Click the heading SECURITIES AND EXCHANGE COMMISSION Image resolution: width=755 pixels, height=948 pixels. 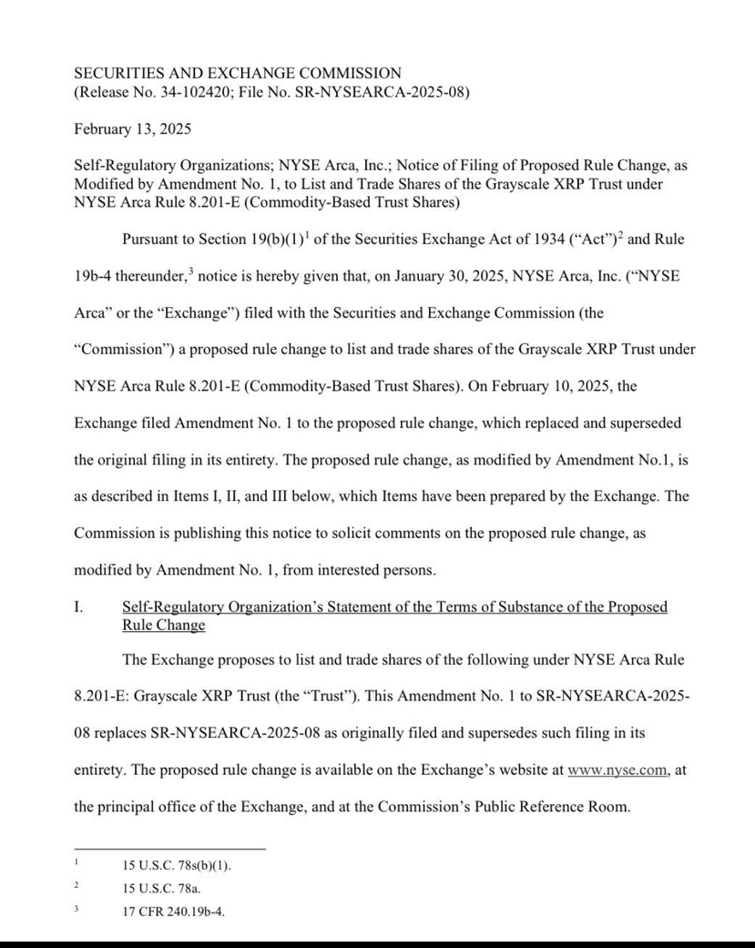click(237, 73)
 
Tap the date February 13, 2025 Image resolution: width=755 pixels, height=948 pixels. click(132, 129)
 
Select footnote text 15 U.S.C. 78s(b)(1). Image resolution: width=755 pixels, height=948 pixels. click(177, 865)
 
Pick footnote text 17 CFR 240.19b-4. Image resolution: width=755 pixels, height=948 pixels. click(173, 910)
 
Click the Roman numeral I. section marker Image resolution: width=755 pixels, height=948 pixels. click(78, 607)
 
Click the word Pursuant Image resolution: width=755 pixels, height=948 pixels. click(153, 240)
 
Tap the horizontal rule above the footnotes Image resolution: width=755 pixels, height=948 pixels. click(169, 849)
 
